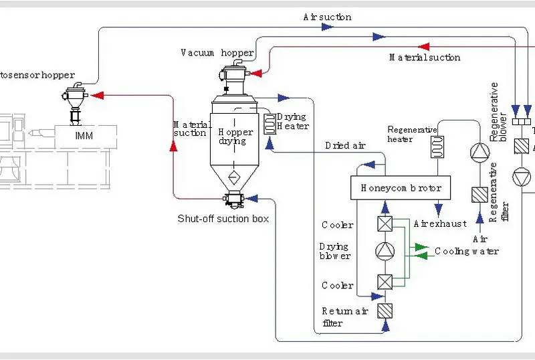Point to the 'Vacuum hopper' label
pos(217,53)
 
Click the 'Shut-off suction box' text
pos(223,219)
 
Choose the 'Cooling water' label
pos(467,252)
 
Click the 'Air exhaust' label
pos(440,223)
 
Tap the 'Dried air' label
pos(345,145)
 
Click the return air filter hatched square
pos(385,310)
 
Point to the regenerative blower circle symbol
pos(479,153)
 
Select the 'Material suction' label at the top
pos(425,58)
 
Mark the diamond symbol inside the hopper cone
pos(233,177)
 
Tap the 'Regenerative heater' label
pos(411,134)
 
